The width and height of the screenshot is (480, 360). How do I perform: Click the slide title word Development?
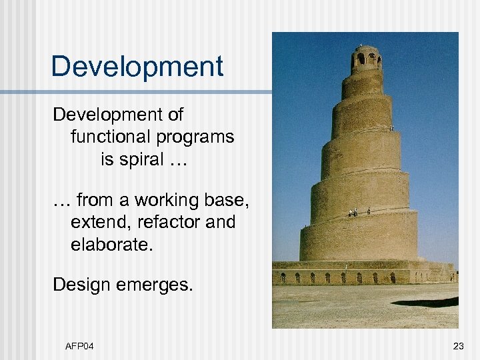pyautogui.click(x=137, y=67)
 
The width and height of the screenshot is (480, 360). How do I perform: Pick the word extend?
pyautogui.click(x=97, y=222)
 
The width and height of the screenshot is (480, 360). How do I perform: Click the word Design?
pyautogui.click(x=85, y=285)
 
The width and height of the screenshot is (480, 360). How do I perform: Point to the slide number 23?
pyautogui.click(x=458, y=346)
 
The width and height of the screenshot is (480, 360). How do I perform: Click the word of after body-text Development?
pyautogui.click(x=175, y=115)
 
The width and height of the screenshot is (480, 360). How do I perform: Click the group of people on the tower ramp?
pyautogui.click(x=353, y=213)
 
